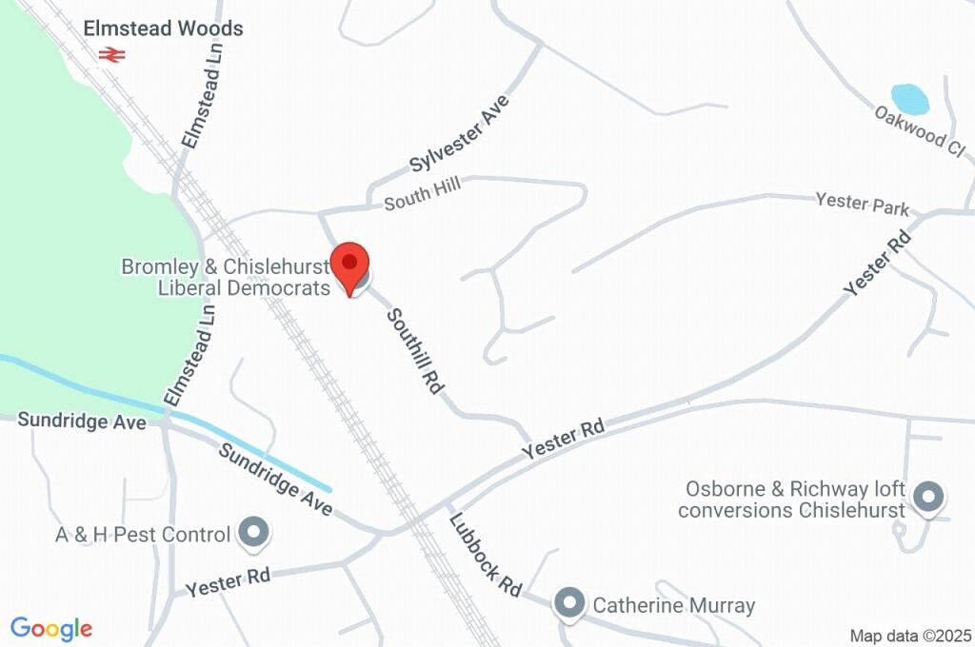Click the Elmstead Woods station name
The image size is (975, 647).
point(163,29)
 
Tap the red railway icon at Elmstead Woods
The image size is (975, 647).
point(111,55)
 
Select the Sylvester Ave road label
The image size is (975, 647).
point(461,133)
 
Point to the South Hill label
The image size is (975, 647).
point(422,193)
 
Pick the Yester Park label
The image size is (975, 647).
point(862,204)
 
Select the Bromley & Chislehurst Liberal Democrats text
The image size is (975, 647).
point(225,277)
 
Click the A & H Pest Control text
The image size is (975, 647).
point(143,535)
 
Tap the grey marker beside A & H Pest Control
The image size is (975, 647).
point(253,534)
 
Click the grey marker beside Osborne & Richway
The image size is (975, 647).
point(927,497)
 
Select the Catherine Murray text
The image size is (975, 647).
point(673,605)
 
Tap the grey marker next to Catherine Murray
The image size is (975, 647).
point(569,602)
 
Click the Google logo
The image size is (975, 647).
point(51,629)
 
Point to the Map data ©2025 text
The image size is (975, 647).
point(909,636)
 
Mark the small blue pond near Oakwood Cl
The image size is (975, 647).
point(909,99)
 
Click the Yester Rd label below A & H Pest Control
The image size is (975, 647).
point(229,581)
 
